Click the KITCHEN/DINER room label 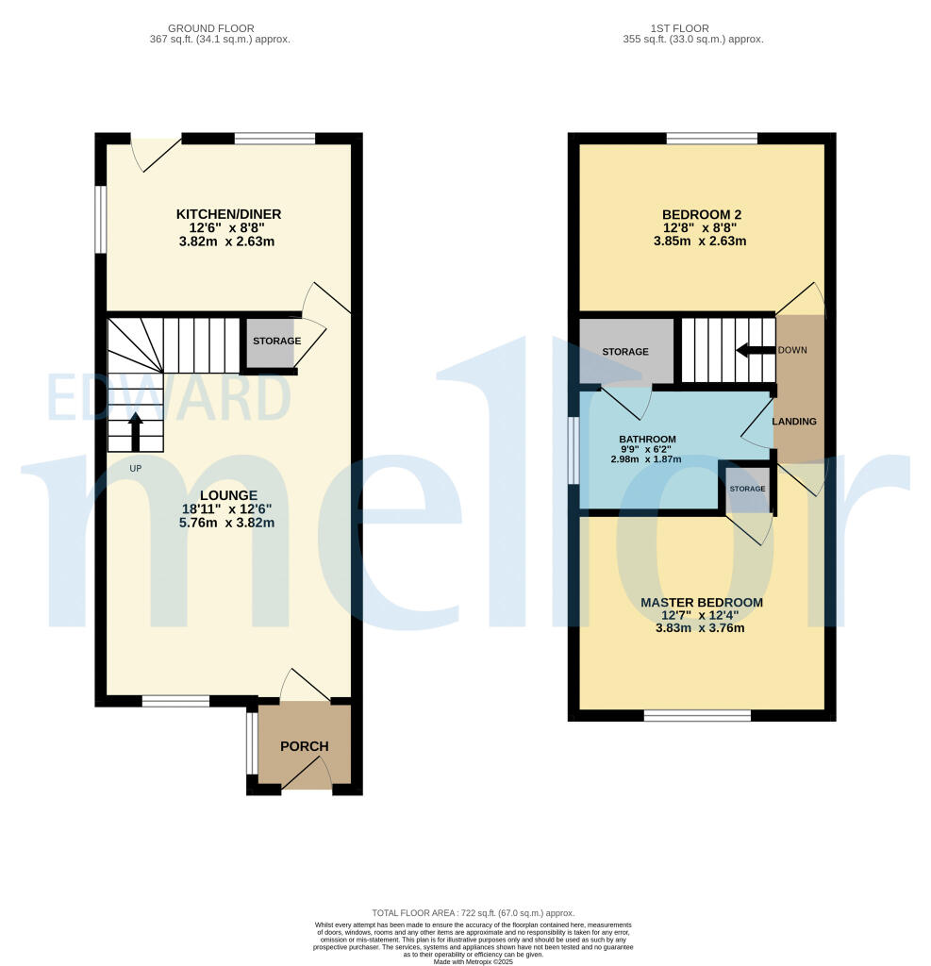point(229,214)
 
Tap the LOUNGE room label point(228,494)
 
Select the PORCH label point(304,746)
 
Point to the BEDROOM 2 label point(700,214)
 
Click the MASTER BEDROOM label point(701,602)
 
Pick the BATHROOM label point(647,440)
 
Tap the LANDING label point(794,421)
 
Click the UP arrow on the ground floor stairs point(136,431)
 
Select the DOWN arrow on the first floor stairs point(755,350)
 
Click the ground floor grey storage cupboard point(271,342)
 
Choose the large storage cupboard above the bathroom point(625,351)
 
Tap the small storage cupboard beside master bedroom point(746,488)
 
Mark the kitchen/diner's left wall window point(100,219)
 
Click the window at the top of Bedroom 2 point(711,139)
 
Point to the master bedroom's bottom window point(697,715)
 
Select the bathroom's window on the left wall point(574,451)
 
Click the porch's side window point(251,744)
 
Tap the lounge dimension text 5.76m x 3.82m point(228,523)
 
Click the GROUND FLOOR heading point(220,28)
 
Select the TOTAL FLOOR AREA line point(473,913)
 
